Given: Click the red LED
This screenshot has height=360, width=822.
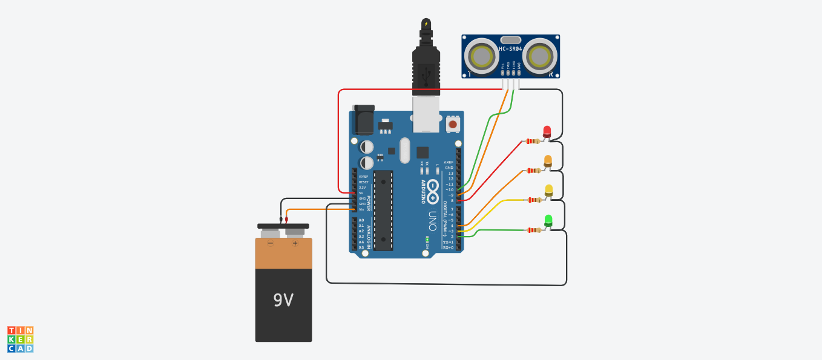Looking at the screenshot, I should (x=547, y=131).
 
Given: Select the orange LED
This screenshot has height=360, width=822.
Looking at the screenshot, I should (x=548, y=161).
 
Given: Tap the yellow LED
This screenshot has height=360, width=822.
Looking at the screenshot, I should (x=548, y=191).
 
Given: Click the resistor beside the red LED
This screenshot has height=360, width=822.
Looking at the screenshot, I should (x=533, y=142).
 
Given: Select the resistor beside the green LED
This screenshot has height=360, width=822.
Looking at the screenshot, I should (x=533, y=230).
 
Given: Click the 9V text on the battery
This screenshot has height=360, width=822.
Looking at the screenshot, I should (x=283, y=300).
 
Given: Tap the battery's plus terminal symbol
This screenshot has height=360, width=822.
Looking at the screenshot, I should (x=295, y=243).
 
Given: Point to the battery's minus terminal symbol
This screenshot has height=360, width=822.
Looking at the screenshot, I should (x=271, y=243).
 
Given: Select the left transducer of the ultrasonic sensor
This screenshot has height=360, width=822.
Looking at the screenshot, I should (x=482, y=56).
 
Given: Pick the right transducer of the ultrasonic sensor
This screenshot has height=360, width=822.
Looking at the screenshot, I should (x=539, y=56).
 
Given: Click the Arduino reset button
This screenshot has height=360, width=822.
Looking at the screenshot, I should (x=452, y=124).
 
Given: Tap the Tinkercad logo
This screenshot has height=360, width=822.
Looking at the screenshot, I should (x=20, y=339).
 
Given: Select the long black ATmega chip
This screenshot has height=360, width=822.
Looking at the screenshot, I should (x=383, y=210).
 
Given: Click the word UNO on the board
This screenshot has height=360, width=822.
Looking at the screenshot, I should (x=432, y=218).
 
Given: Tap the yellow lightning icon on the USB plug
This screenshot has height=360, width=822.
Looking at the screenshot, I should (x=426, y=24).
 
